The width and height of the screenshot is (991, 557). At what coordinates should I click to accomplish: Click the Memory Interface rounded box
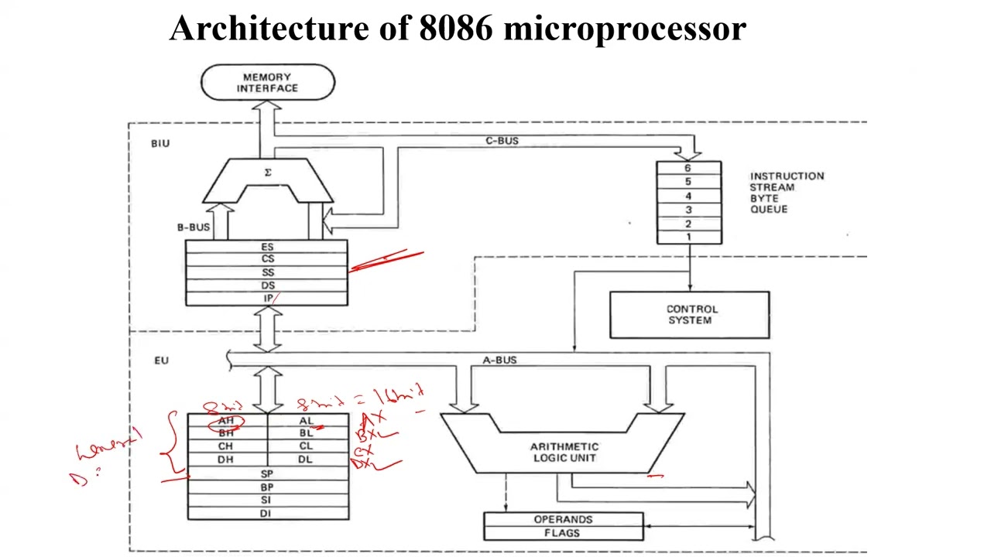268,83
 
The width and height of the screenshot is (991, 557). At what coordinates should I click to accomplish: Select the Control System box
689,315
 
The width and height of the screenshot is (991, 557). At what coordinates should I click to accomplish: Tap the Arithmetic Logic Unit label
564,452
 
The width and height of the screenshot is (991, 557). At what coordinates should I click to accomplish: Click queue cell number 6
688,168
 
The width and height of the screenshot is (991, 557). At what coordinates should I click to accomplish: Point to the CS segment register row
267,259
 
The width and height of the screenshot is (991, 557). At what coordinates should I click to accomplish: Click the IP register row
267,299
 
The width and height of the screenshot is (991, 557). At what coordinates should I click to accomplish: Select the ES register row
267,247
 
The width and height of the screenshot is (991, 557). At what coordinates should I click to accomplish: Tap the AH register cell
226,421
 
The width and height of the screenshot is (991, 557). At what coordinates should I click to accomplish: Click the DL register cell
307,460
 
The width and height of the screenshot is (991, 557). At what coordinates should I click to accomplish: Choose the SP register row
267,473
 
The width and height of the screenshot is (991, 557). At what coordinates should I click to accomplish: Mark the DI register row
267,513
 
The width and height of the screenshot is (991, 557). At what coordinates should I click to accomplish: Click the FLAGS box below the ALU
563,533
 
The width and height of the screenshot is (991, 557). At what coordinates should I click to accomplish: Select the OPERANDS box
563,519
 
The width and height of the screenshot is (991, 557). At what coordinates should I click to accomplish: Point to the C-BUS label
502,141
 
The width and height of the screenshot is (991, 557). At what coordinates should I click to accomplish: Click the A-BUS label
499,360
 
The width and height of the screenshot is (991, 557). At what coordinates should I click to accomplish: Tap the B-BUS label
193,227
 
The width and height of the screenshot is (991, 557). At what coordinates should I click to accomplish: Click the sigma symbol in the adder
268,173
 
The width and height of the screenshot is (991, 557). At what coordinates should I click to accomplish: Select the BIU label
160,143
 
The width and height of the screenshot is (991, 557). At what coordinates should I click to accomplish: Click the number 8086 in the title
456,29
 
